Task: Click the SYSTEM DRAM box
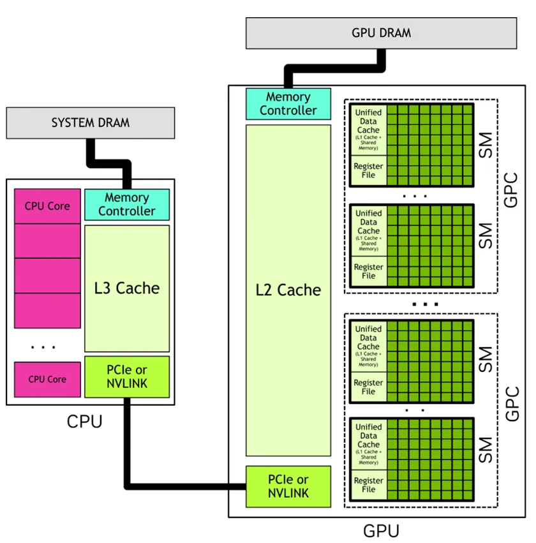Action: click(x=90, y=123)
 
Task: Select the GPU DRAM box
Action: click(x=381, y=33)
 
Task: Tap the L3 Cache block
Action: click(x=127, y=288)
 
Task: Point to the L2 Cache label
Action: click(x=288, y=290)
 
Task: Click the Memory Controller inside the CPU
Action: click(x=127, y=204)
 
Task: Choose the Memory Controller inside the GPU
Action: click(x=288, y=103)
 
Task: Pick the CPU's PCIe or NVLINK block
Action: click(x=127, y=376)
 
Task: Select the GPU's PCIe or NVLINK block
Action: click(x=288, y=486)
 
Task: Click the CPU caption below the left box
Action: click(x=84, y=422)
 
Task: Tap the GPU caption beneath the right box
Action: click(x=381, y=530)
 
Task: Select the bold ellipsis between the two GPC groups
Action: click(x=425, y=304)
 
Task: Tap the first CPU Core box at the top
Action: click(x=47, y=206)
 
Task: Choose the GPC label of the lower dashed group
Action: click(x=511, y=402)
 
